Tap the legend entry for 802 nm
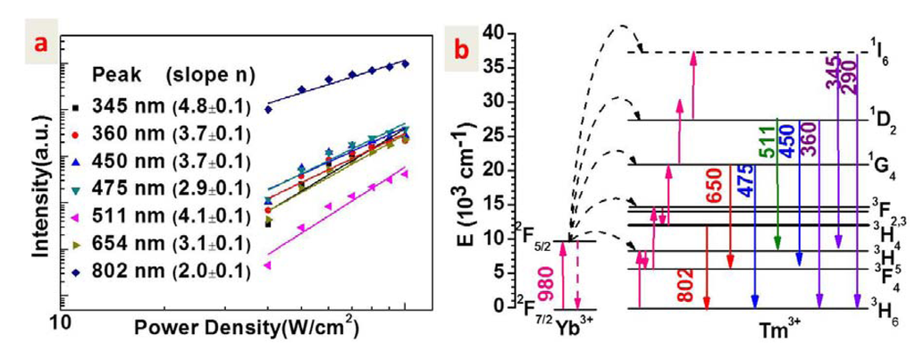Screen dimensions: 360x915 pyautogui.click(x=165, y=269)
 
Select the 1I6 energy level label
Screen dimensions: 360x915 pyautogui.click(x=879, y=47)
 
